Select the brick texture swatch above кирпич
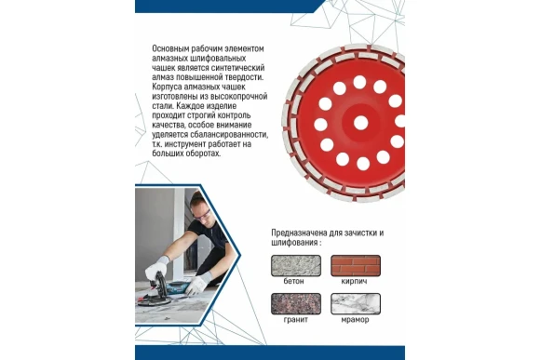pos(354,264)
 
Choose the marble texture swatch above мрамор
pos(354,304)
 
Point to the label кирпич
pos(355,280)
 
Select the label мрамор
pos(355,321)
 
